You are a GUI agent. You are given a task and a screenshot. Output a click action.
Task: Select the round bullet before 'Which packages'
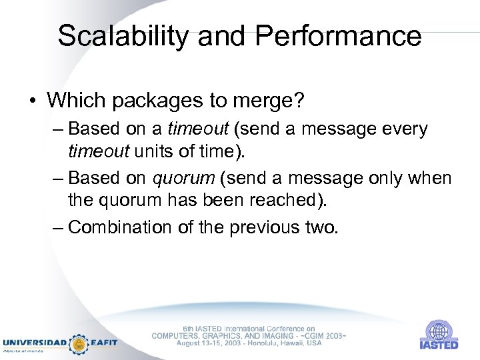(32, 101)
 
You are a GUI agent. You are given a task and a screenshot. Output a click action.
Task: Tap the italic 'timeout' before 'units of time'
(99, 151)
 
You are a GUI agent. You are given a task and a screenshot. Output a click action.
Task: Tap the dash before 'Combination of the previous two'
(59, 227)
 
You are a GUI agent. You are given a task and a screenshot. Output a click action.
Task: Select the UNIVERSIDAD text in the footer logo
(34, 342)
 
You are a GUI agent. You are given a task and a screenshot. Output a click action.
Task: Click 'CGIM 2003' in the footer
(324, 335)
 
